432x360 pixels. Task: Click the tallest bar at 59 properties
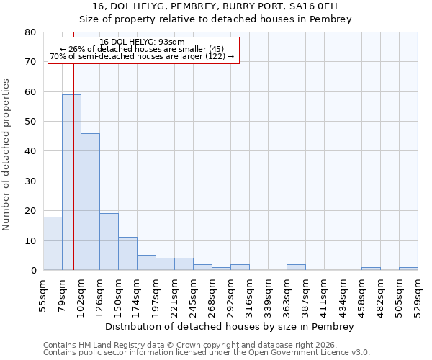(x=71, y=182)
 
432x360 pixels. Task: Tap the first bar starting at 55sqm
(x=53, y=243)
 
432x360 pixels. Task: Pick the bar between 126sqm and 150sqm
(x=109, y=242)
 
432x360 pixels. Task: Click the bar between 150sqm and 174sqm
(x=127, y=253)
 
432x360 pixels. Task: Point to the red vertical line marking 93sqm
(x=73, y=144)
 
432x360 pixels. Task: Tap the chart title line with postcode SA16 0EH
(x=215, y=6)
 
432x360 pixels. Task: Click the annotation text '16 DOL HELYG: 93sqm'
(x=143, y=42)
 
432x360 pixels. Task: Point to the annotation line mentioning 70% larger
(x=143, y=56)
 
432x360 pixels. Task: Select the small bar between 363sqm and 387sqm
(x=296, y=267)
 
